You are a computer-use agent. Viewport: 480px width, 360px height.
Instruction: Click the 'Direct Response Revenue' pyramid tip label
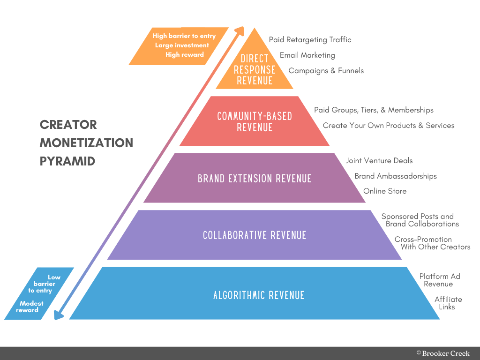click(255, 69)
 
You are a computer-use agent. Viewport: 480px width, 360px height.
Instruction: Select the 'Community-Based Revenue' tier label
click(255, 121)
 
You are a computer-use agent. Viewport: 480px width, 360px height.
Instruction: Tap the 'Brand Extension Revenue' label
click(255, 179)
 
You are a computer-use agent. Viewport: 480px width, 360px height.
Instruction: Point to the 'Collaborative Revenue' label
click(255, 235)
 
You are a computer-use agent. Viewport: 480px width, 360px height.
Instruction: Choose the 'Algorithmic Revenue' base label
click(259, 295)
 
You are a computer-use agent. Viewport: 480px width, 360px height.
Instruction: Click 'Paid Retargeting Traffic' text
click(310, 40)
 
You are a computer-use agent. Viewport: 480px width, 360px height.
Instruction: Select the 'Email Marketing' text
click(307, 55)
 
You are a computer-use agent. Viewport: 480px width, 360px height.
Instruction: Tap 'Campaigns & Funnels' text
click(326, 71)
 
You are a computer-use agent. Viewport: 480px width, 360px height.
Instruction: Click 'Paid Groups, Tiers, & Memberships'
click(374, 110)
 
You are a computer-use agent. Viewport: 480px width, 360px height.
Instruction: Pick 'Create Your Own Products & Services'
click(389, 126)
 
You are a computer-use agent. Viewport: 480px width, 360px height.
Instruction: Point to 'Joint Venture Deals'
click(379, 161)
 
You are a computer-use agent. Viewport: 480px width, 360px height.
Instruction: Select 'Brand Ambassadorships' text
click(395, 176)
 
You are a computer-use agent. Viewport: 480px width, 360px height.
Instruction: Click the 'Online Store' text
click(385, 191)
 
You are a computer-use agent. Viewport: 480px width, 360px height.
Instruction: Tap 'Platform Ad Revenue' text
click(440, 280)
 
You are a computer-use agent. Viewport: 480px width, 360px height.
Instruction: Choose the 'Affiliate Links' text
click(448, 303)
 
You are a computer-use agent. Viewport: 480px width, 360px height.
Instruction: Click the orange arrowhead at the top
click(240, 30)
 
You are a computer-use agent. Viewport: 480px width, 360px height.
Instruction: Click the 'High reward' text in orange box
click(184, 55)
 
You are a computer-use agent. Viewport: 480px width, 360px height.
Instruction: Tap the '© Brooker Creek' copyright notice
click(442, 353)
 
